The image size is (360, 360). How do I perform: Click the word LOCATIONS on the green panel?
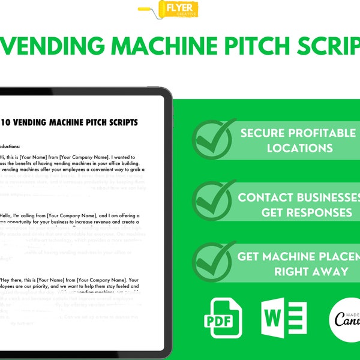(301, 148)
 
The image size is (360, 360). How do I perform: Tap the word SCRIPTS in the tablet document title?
(117, 122)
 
